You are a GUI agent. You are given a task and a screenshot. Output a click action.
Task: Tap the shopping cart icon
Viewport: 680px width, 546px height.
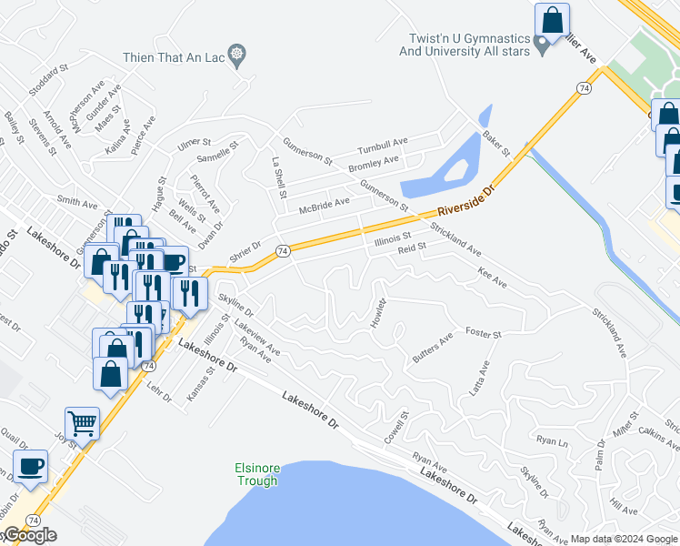(x=82, y=423)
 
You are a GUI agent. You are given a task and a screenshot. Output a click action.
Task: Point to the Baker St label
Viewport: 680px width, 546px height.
(x=496, y=141)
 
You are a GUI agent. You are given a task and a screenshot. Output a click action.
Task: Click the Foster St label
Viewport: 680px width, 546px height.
(x=483, y=335)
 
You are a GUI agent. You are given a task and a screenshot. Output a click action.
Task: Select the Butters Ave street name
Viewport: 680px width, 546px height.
(x=432, y=350)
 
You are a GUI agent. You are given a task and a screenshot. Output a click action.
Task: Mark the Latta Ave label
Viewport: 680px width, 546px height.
(x=478, y=380)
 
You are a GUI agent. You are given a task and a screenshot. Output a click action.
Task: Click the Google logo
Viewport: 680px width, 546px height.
(x=29, y=536)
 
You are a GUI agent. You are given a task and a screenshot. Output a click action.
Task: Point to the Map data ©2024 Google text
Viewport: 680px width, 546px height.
(x=624, y=539)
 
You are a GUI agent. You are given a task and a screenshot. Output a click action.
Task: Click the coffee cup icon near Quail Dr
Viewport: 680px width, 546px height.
(x=30, y=465)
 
